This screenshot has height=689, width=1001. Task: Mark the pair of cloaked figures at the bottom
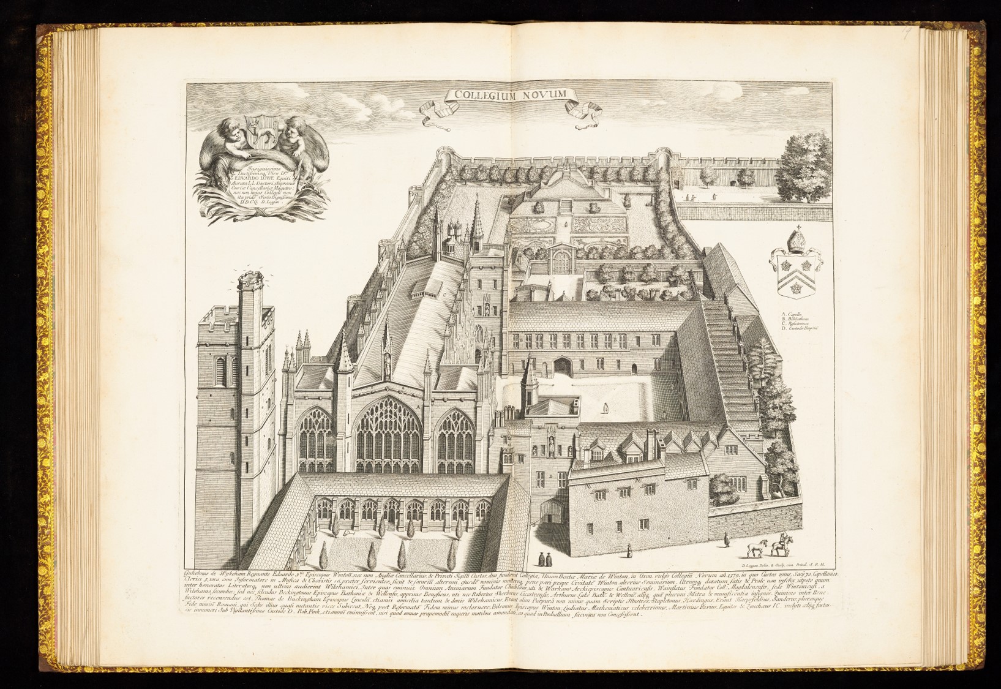click(545, 559)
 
